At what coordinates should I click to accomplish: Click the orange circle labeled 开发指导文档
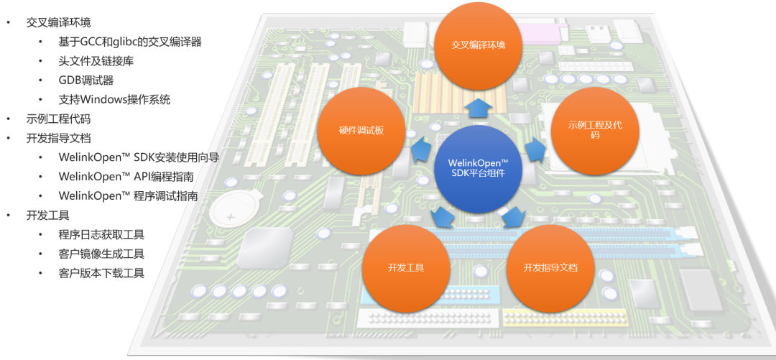pyautogui.click(x=550, y=267)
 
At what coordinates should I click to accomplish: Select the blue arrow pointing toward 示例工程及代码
pyautogui.click(x=535, y=150)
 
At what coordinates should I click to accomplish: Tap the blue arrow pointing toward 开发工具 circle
pyautogui.click(x=444, y=216)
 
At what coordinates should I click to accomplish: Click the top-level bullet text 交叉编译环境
pyautogui.click(x=58, y=22)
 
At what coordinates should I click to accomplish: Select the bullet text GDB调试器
pyautogui.click(x=86, y=80)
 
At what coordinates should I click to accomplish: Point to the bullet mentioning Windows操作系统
pyautogui.click(x=114, y=99)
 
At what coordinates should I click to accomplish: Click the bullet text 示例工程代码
pyautogui.click(x=58, y=119)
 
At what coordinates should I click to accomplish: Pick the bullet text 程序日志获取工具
pyautogui.click(x=101, y=234)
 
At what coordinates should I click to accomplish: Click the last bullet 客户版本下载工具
pyautogui.click(x=101, y=273)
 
